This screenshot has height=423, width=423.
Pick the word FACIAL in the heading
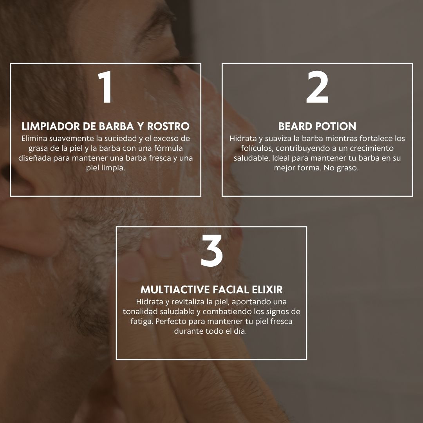(x=232, y=290)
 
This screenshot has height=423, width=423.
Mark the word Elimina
(x=34, y=138)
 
